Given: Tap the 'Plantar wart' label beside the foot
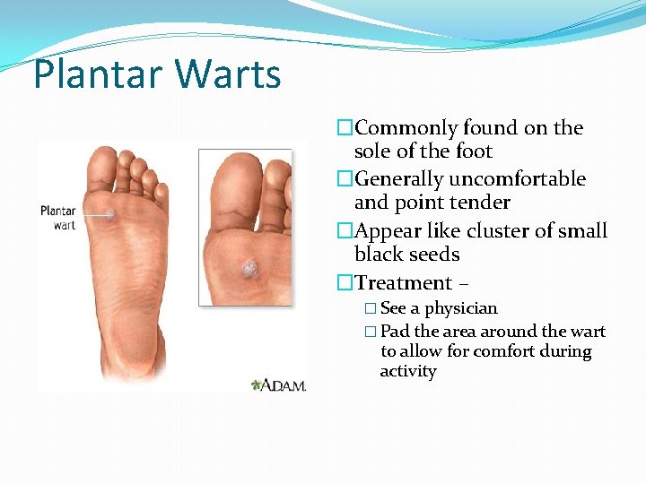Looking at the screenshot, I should [57, 218].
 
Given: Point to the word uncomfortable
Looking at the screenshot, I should [528, 179].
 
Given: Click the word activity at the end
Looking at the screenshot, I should [408, 371].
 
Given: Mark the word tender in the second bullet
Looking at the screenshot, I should [481, 203].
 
